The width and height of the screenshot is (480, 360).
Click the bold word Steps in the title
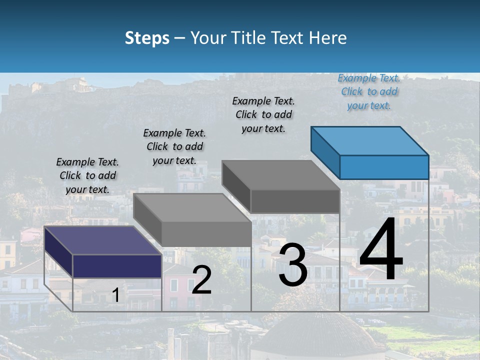coord(147,38)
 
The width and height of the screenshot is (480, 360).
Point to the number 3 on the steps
coord(293,265)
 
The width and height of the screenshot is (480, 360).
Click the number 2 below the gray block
coord(201,280)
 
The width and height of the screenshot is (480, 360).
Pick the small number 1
coord(115,295)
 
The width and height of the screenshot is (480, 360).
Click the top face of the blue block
coord(370,140)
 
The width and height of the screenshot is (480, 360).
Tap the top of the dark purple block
coord(102,240)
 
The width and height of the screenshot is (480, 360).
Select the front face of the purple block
coord(117,265)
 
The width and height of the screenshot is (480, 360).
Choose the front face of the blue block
coord(384,167)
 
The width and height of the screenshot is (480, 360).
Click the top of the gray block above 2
coord(192,207)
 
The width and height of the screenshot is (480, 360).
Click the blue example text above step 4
coord(369,92)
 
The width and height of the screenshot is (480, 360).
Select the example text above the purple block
coord(87,175)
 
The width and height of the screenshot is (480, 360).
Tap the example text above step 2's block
coord(174,146)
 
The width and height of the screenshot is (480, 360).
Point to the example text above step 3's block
coord(263,114)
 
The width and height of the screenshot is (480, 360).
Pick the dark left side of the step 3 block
coord(235,186)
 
